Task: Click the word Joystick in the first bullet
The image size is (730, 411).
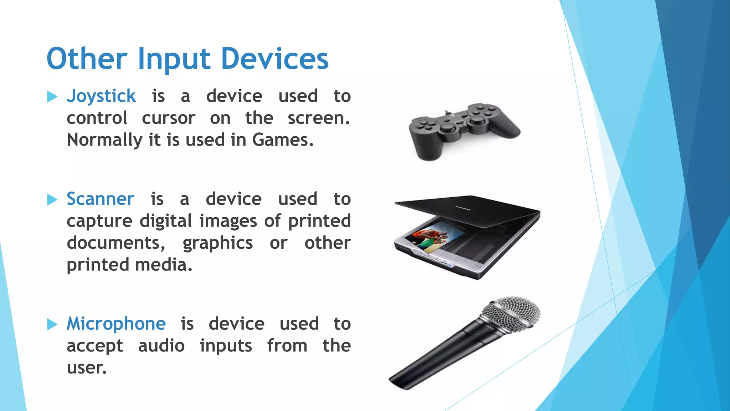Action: pos(101,96)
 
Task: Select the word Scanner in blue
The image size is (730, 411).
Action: pos(101,199)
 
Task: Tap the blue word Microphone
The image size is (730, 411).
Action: pos(116,324)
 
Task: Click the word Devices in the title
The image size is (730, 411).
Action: pos(274,59)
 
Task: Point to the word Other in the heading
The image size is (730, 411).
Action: pos(87,59)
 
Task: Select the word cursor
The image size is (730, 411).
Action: pos(168,118)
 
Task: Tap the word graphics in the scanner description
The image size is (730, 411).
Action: pos(217,243)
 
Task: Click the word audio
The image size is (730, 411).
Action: pos(161,346)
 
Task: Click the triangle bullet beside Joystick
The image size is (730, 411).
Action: pos(52,96)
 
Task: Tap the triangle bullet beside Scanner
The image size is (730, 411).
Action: pos(52,199)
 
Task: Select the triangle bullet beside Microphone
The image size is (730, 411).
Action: pos(52,324)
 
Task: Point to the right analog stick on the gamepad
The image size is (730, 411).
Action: pos(477,120)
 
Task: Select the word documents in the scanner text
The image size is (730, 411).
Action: pos(115,243)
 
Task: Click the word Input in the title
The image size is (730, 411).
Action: pos(174,59)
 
